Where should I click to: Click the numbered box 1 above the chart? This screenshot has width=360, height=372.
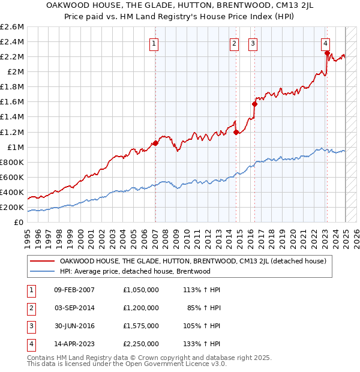coord(154,43)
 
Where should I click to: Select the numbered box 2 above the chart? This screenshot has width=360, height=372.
coord(233,43)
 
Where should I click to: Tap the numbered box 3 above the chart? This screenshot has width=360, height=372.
coord(253,43)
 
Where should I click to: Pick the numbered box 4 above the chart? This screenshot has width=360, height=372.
coord(325,43)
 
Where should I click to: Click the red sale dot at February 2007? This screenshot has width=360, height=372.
coord(155,143)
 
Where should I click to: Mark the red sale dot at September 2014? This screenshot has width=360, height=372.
coord(236,132)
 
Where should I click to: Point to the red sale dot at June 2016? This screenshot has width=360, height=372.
coord(255,104)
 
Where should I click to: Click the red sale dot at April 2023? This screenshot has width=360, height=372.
coord(327,53)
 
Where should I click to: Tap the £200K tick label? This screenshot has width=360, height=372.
coord(12,208)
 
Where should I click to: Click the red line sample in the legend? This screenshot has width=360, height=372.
coord(42,261)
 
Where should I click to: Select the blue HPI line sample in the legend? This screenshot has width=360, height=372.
coord(42,271)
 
